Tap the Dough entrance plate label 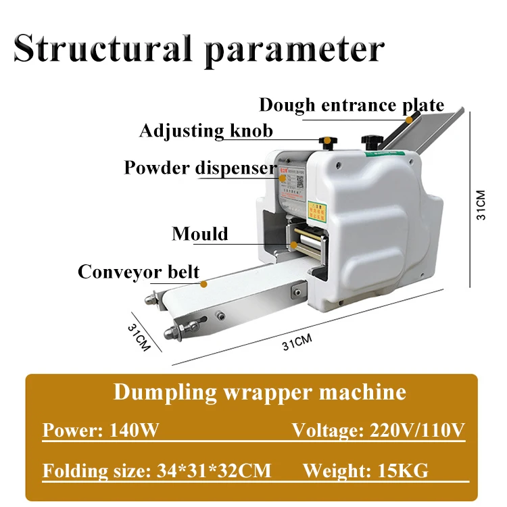coord(352,105)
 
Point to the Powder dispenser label coord(200,168)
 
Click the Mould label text coord(200,234)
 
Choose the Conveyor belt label coord(139,271)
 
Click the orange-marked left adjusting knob coord(327,141)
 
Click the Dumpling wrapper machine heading coord(260,392)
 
